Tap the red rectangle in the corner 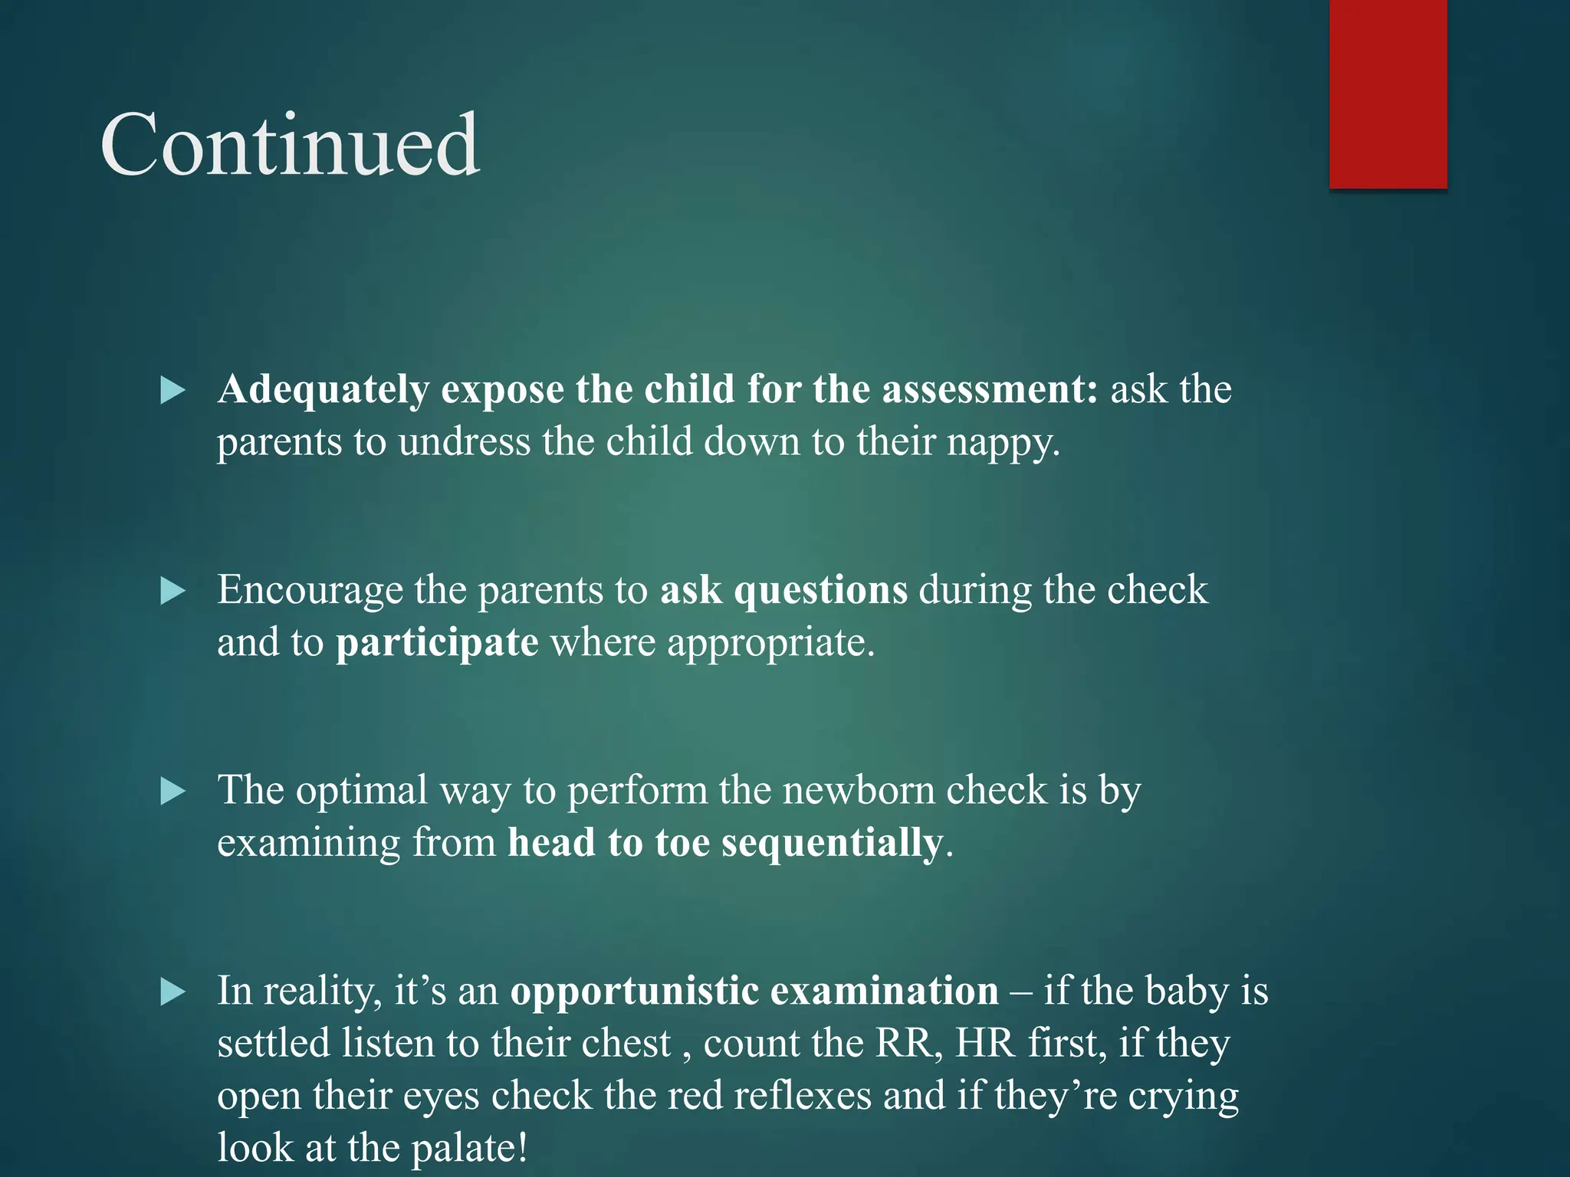(x=1388, y=93)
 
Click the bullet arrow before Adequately (x=173, y=390)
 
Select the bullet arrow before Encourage (x=173, y=591)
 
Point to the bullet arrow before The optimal (x=173, y=792)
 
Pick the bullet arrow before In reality (x=173, y=992)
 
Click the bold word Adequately (x=323, y=390)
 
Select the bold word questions (x=820, y=591)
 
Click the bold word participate (x=437, y=643)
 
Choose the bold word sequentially (x=832, y=843)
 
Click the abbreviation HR (x=985, y=1044)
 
